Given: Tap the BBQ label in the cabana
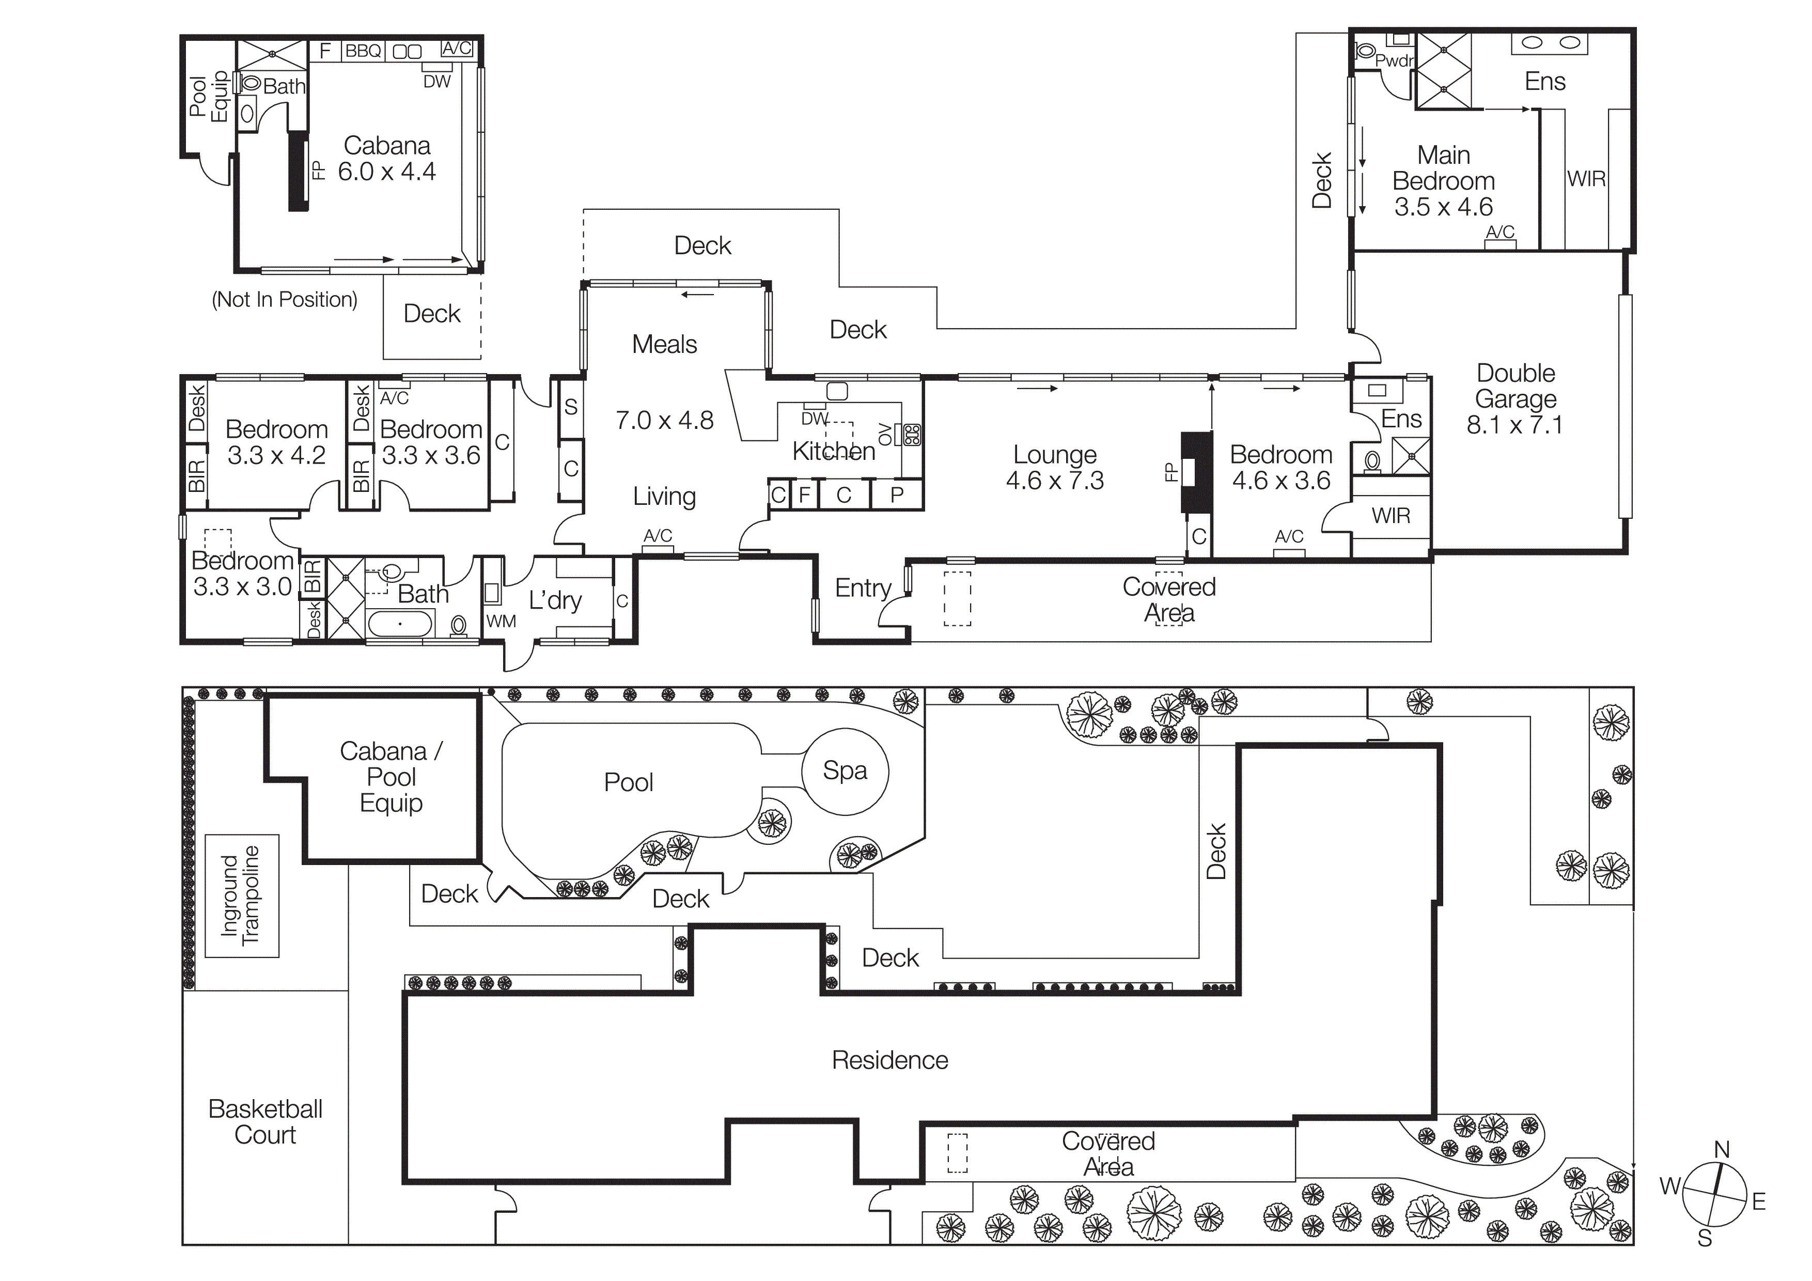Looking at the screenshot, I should coord(363,51).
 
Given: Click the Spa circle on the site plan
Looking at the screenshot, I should coord(845,771).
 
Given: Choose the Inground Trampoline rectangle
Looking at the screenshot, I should coord(242,896).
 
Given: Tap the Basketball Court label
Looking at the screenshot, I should coord(265,1121).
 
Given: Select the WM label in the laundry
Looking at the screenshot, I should coord(501,621).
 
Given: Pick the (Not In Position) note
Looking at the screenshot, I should coord(284,300).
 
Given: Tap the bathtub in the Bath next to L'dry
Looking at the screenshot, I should coord(400,624).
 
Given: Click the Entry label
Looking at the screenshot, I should coord(863,588).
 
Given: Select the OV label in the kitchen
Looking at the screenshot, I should coord(885,434).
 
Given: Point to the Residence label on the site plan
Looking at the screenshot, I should coord(889,1060).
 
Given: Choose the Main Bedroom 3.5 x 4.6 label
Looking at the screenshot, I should coord(1443,181).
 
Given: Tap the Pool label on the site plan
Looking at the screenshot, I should coord(628,782).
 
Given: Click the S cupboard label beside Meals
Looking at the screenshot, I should coord(571,407).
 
